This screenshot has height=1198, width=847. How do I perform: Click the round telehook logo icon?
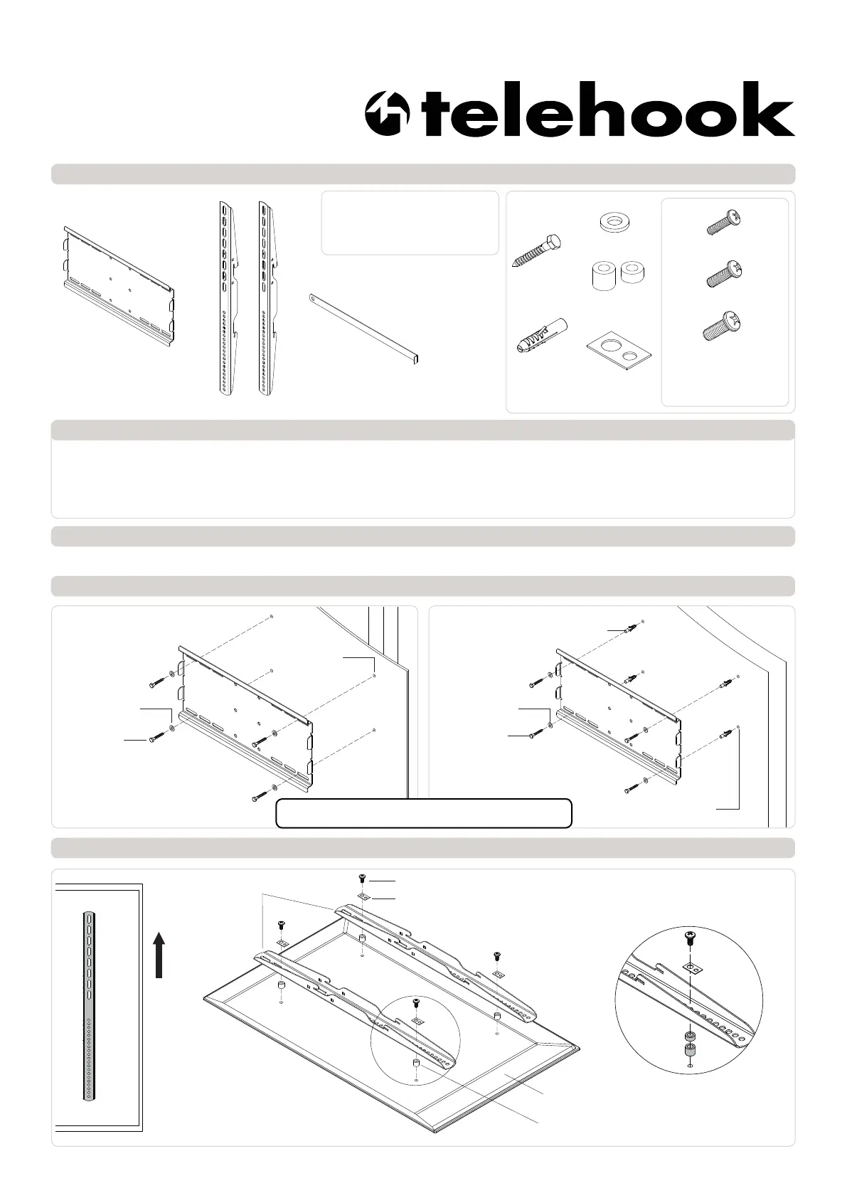387,114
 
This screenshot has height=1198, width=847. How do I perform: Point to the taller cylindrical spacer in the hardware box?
603,276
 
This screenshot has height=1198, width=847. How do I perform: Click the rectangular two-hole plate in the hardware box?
619,351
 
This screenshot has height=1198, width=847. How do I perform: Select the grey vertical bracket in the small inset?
88,1005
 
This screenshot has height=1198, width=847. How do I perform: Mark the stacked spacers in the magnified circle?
689,1043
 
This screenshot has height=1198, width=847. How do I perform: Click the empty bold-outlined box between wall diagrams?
424,813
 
